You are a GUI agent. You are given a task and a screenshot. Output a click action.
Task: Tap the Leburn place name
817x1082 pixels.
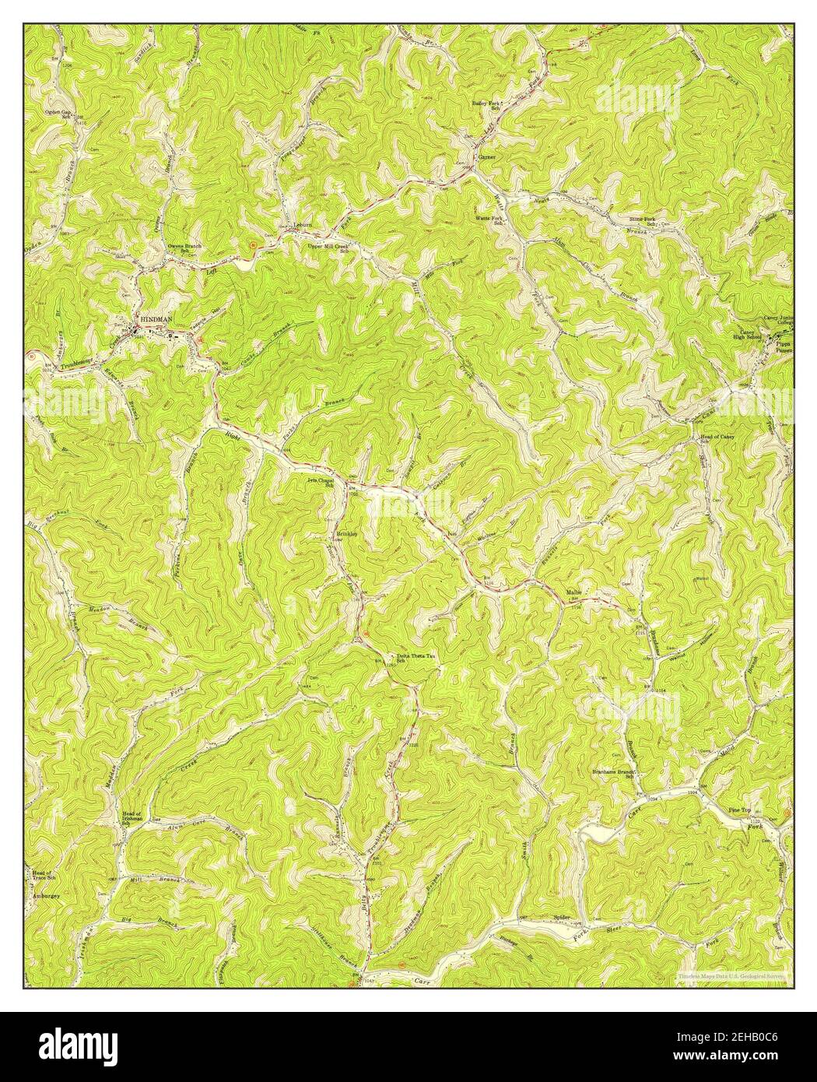(x=302, y=226)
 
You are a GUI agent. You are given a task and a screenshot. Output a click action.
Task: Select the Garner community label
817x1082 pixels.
(x=487, y=156)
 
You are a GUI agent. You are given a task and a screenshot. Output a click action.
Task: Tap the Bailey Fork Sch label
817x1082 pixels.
(x=488, y=106)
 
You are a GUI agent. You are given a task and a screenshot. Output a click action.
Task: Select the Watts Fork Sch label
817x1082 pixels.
(x=491, y=220)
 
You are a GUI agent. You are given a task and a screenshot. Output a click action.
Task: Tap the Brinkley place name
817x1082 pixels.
(x=346, y=534)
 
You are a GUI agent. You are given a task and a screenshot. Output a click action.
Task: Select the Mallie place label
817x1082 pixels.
(x=574, y=593)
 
